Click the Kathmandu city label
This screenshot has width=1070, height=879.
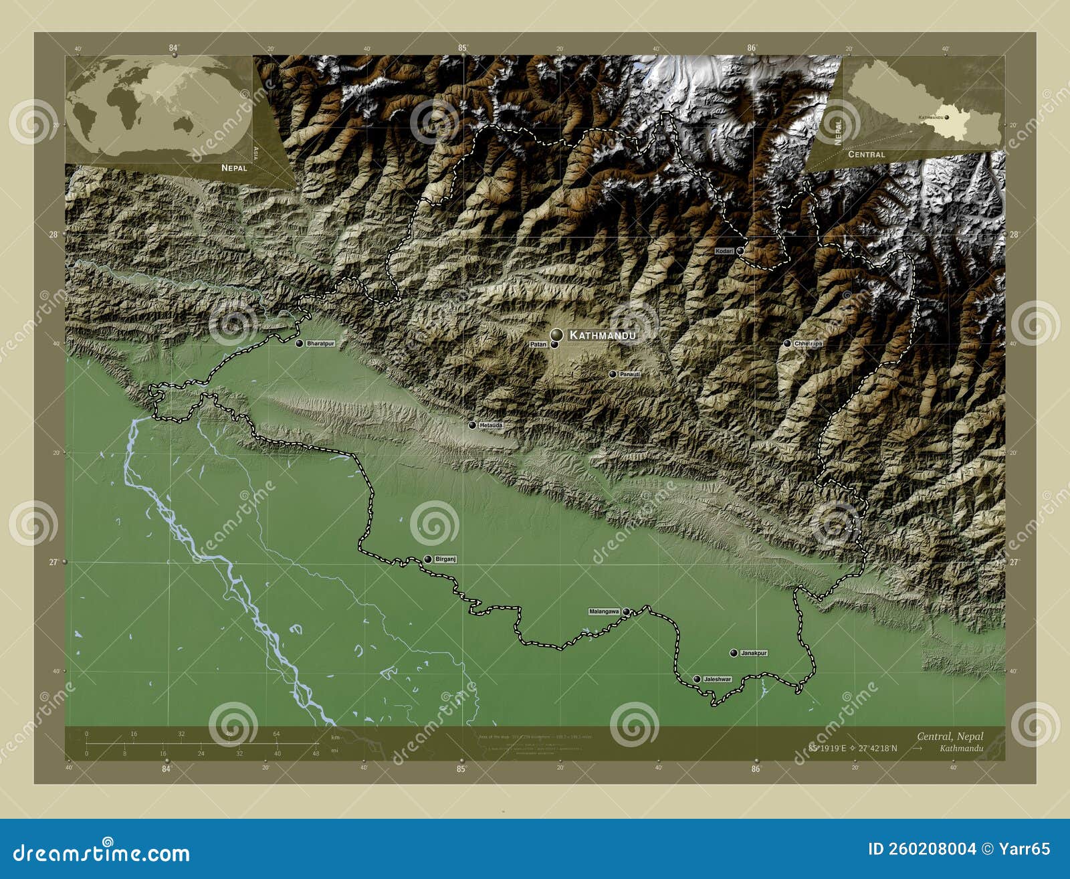(602, 334)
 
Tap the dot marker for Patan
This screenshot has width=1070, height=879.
(554, 345)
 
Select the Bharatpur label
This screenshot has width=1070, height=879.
(320, 343)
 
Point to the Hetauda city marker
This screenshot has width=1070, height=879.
(472, 425)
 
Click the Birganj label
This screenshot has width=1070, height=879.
(445, 559)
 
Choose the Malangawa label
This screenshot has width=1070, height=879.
(604, 611)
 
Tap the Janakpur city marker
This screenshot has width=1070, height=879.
(734, 653)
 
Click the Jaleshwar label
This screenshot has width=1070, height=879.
(717, 679)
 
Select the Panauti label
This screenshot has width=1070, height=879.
(629, 374)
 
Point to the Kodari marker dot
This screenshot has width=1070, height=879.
(740, 251)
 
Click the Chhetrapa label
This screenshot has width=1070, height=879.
(808, 343)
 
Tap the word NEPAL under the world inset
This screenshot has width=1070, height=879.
(234, 168)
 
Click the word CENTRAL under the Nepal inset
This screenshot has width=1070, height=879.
(866, 155)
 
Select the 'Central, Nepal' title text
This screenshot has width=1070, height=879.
(950, 737)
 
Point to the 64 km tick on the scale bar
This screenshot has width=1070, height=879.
(276, 735)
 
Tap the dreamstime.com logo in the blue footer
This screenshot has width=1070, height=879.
(102, 853)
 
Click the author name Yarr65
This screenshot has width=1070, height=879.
(1025, 849)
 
